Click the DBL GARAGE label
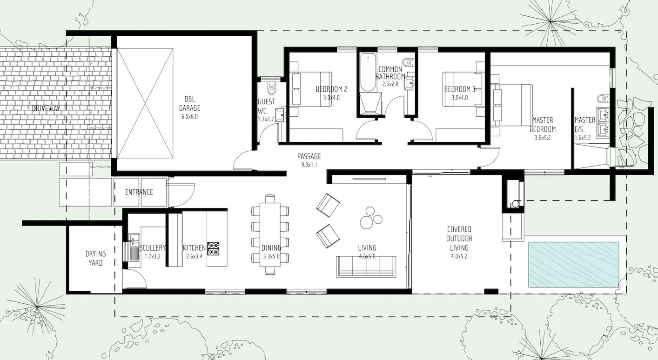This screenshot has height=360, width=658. pos(189,103)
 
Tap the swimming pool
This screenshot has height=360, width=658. pos(574,265)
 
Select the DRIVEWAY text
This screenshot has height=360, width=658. pos(46,108)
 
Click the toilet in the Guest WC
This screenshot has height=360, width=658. pos(272,87)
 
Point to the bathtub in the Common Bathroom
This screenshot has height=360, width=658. pos(368,72)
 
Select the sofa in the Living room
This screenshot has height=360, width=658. pos(366,266)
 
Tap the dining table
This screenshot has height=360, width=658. pos(270,234)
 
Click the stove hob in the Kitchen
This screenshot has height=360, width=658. pos(213,248)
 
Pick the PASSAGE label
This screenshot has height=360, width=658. pos(309,156)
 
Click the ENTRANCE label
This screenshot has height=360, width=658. pos(139,192)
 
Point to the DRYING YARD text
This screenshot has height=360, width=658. pos(95,258)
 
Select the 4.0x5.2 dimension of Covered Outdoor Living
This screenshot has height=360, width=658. pos(459,256)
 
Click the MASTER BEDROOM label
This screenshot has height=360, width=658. pos(543,125)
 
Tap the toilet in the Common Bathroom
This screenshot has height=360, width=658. pos(409,62)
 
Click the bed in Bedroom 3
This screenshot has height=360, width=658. pos(463,89)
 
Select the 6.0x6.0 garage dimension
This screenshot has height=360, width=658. pos(189,117)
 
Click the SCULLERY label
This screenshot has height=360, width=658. pos(153,248)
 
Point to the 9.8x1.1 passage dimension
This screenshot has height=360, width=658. pos(309,165)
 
